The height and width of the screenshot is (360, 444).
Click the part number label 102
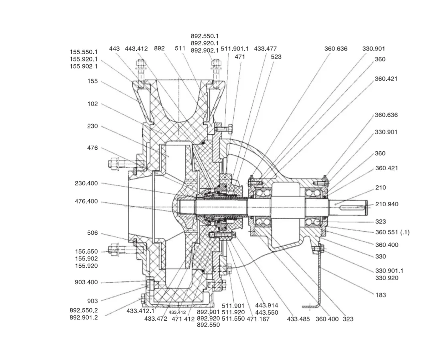click(92, 104)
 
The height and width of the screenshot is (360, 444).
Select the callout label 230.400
click(86, 183)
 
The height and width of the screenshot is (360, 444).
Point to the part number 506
click(92, 233)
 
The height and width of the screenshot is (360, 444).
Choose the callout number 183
click(381, 295)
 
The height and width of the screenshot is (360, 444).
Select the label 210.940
click(387, 204)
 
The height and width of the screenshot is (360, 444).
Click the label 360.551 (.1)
click(392, 232)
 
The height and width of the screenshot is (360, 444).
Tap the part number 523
click(276, 57)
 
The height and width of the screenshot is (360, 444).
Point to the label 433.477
click(265, 49)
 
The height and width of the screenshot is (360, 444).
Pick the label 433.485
click(298, 319)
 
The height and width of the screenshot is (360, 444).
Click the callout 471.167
click(258, 319)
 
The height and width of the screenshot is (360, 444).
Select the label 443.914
click(266, 305)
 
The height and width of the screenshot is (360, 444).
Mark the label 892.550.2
click(83, 310)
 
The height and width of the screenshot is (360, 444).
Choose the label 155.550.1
click(83, 52)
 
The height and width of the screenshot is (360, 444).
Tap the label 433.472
click(156, 319)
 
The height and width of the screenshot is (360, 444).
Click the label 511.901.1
click(235, 49)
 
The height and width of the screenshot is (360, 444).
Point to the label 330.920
click(386, 278)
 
